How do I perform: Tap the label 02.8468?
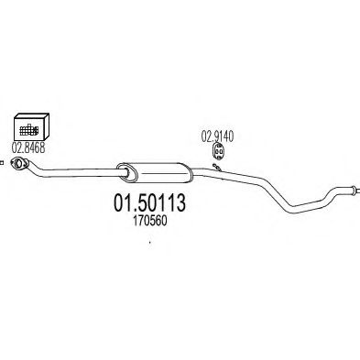28,146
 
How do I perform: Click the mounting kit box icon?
29,125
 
